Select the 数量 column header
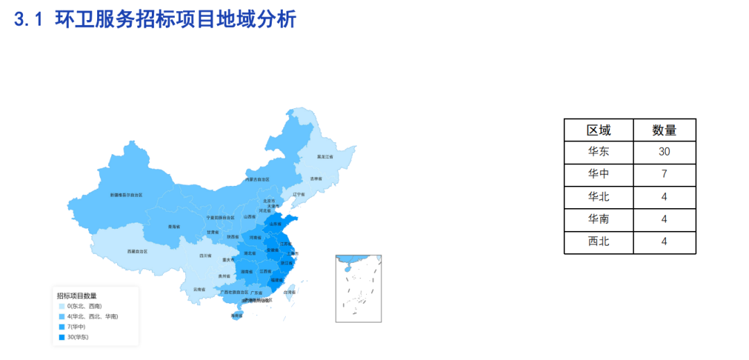tap(664, 130)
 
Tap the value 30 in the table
tap(664, 152)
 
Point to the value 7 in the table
tap(664, 174)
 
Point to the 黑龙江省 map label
tap(325, 157)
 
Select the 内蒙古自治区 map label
tap(257, 179)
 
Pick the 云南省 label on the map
tap(199, 289)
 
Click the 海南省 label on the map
tap(236, 316)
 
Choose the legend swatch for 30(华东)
tap(61, 337)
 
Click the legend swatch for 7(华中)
tap(61, 327)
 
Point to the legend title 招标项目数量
tap(76, 295)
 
